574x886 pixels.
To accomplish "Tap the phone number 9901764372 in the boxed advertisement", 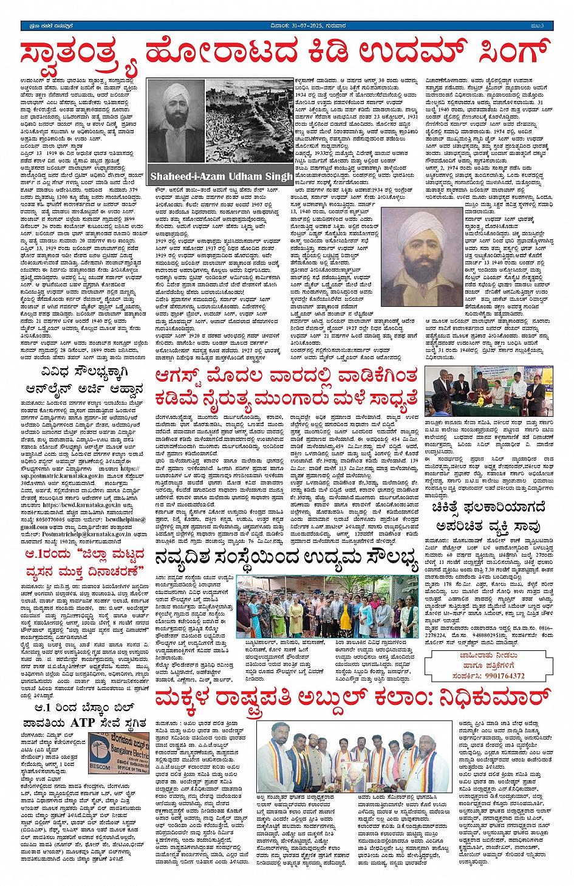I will pos(497,675).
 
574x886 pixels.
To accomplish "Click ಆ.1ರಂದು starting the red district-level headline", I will pos(47,554).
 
